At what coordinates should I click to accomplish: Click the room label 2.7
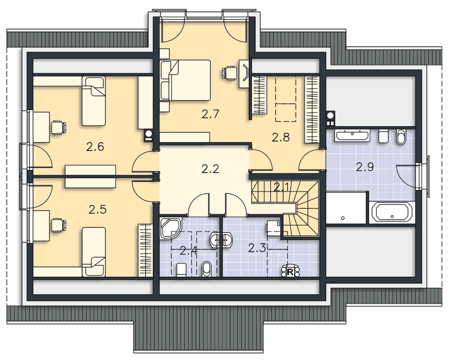click(x=210, y=114)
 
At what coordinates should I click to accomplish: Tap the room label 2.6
click(x=95, y=147)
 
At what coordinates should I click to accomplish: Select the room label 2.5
click(x=97, y=209)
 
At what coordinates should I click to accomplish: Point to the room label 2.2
click(x=210, y=169)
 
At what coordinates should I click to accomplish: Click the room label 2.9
click(x=365, y=167)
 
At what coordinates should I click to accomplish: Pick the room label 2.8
click(x=281, y=137)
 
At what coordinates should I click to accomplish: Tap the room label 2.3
click(x=257, y=248)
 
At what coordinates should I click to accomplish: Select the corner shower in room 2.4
click(x=171, y=228)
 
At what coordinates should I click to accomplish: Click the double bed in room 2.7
click(x=189, y=80)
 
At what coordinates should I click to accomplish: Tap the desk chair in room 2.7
click(x=229, y=72)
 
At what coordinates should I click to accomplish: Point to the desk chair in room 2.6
click(x=59, y=127)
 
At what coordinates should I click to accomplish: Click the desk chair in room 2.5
click(x=59, y=225)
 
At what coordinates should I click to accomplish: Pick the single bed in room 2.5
click(x=94, y=252)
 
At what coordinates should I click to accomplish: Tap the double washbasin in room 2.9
click(x=352, y=135)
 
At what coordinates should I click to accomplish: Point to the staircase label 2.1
click(x=282, y=187)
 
